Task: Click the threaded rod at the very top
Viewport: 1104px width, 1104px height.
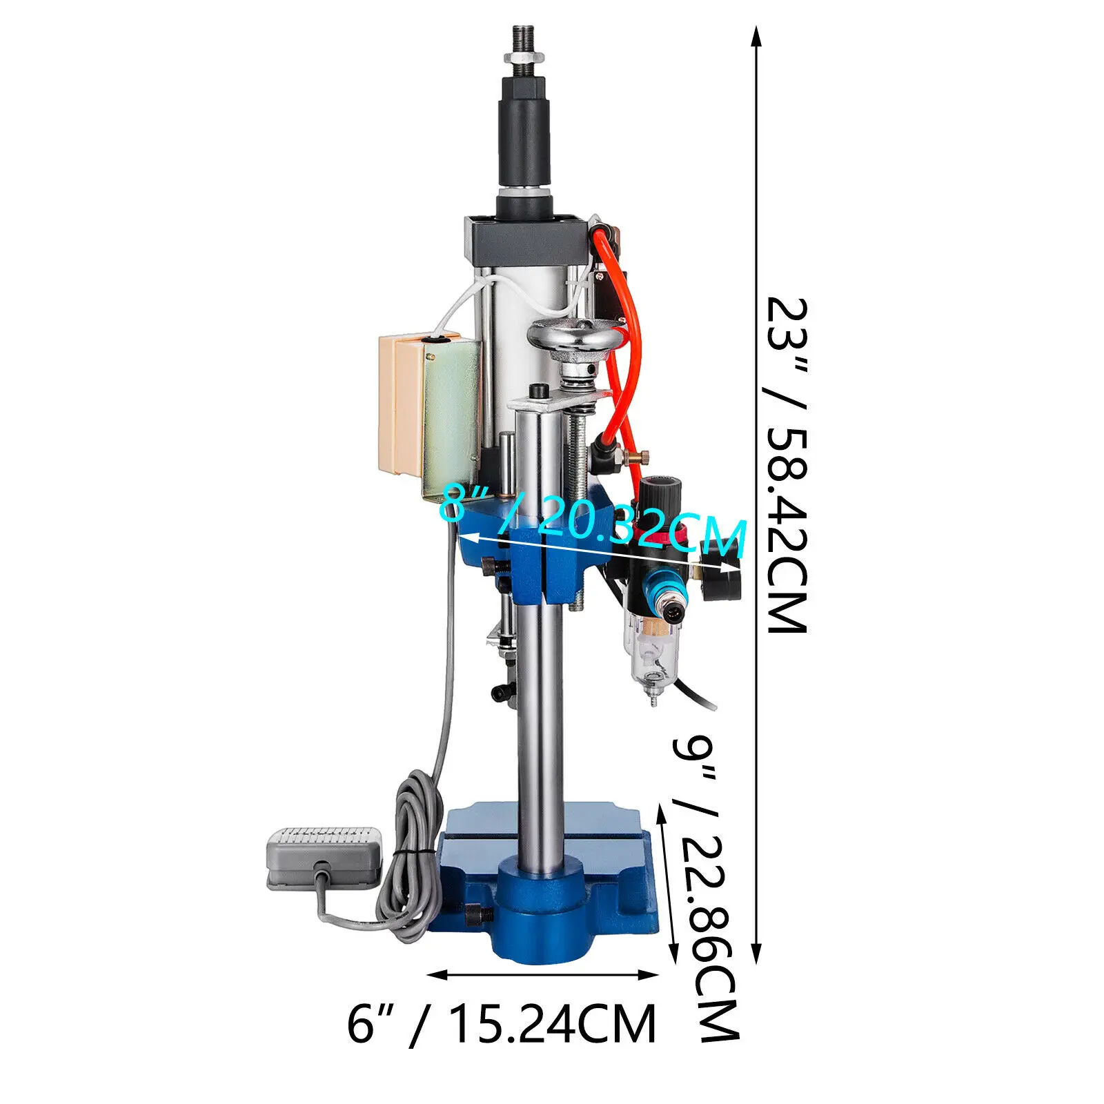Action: click(524, 41)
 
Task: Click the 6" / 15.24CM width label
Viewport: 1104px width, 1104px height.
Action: click(502, 1025)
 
